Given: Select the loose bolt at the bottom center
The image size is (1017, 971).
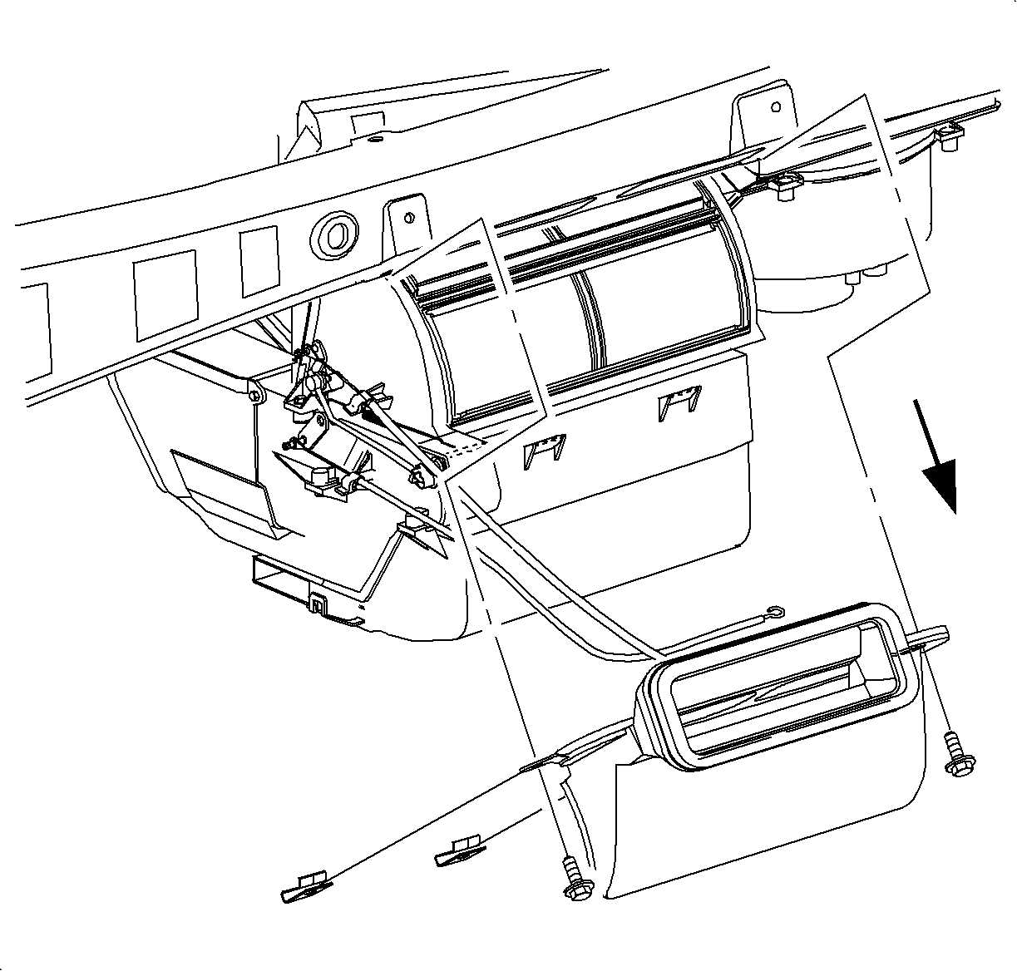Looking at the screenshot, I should (573, 879).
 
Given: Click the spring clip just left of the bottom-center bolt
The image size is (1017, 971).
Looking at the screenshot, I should (458, 852).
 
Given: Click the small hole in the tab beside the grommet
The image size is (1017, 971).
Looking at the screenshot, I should (407, 219).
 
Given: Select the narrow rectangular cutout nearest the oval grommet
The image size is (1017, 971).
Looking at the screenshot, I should (259, 259).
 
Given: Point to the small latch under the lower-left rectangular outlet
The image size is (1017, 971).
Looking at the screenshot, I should (318, 602).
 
